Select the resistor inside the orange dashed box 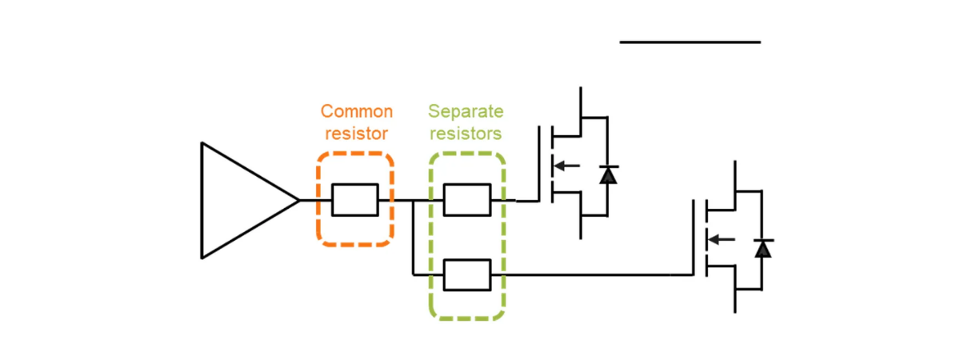(355, 200)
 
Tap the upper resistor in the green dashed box (466, 200)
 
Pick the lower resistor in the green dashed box (466, 275)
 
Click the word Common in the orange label (357, 111)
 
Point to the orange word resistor (357, 133)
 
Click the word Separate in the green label (466, 111)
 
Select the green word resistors (466, 133)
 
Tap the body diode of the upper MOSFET (608, 174)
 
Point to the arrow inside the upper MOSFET (566, 166)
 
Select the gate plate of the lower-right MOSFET (694, 238)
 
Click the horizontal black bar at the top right (690, 42)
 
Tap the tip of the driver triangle (298, 200)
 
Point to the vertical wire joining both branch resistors (413, 238)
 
